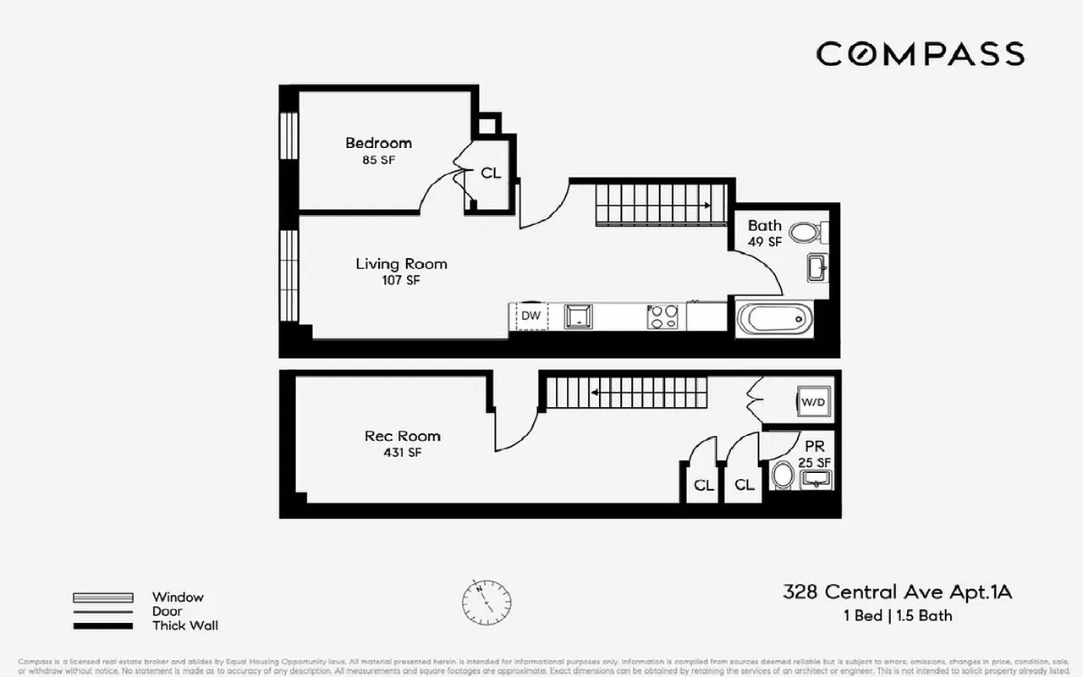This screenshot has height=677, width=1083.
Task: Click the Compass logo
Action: pos(920,54)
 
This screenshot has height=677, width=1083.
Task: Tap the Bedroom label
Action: pos(378,143)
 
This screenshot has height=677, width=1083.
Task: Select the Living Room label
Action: pos(401,264)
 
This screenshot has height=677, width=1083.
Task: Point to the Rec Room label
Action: pos(402,437)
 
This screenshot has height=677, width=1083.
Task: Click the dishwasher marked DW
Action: pos(531,316)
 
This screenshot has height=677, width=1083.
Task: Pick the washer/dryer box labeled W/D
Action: pos(813,403)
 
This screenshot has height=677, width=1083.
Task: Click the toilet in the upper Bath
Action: pos(805,231)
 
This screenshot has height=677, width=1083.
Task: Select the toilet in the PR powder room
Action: pos(782,476)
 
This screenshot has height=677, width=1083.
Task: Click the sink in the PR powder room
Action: pos(816,480)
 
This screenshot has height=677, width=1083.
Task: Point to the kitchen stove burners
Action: pos(663,316)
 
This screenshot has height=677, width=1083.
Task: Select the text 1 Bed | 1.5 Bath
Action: pos(898,615)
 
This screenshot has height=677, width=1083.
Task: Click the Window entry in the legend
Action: pos(178,597)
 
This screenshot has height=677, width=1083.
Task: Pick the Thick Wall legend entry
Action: pos(184,626)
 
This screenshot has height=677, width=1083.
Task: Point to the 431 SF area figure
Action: pos(402,453)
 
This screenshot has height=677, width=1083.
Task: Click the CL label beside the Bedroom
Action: pos(491,173)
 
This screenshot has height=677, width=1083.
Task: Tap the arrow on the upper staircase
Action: pos(705,205)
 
